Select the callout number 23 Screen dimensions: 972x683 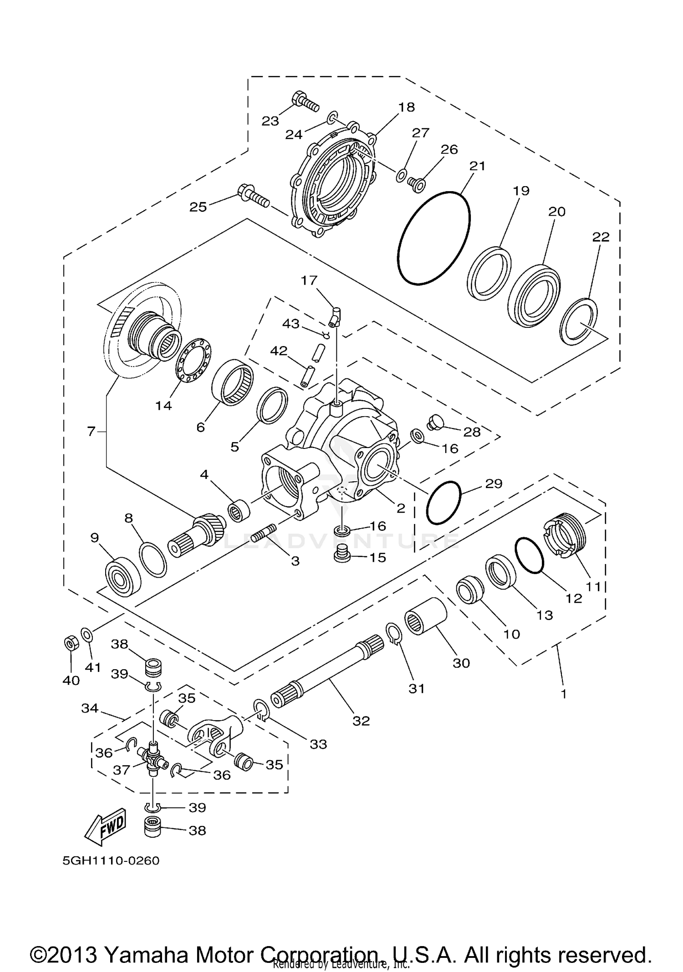tap(270, 121)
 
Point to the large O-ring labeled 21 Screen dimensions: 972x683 tap(433, 238)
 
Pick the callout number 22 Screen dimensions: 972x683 tap(601, 237)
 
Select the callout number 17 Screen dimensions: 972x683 tap(309, 280)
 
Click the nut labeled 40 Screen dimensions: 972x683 tap(71, 643)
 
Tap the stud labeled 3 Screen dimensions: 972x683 tap(261, 532)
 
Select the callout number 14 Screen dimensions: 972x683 tap(164, 405)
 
